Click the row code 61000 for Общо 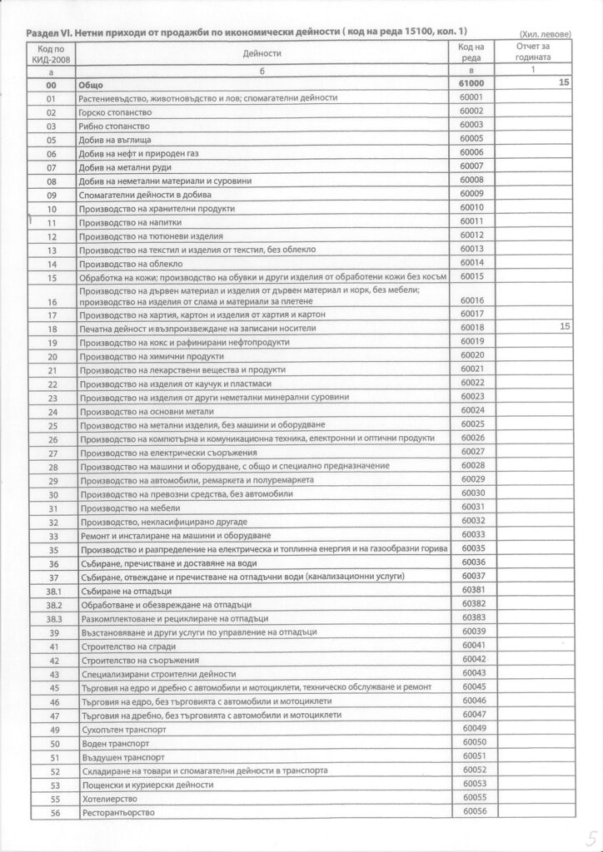pyautogui.click(x=471, y=85)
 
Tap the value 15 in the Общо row pyautogui.click(x=565, y=84)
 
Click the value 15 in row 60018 pyautogui.click(x=565, y=328)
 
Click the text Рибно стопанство pyautogui.click(x=112, y=125)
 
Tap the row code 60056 pyautogui.click(x=471, y=810)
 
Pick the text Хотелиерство pyautogui.click(x=107, y=799)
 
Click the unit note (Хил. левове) pyautogui.click(x=545, y=34)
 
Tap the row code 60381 pyautogui.click(x=471, y=589)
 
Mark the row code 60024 pyautogui.click(x=471, y=410)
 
